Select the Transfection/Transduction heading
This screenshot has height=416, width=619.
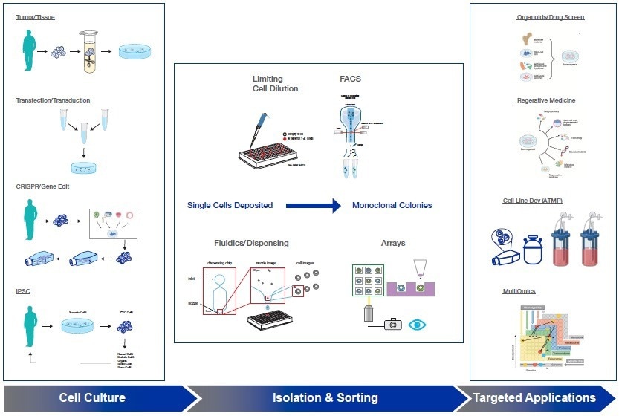coord(53,100)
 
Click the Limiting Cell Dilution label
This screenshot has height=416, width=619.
coord(275,84)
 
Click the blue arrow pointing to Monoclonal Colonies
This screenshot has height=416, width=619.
coord(312,205)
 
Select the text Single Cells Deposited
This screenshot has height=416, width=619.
coord(230,205)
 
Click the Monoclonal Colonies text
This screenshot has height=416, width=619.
coord(392,205)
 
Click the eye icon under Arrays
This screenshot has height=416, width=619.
coord(420,325)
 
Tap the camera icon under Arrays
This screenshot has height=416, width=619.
coord(392,325)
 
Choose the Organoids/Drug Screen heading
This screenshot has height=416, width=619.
coord(551,16)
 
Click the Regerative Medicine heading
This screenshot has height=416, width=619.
coord(546,100)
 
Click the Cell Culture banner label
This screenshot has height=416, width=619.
coord(92,398)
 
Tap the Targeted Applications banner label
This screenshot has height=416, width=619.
coord(534,398)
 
